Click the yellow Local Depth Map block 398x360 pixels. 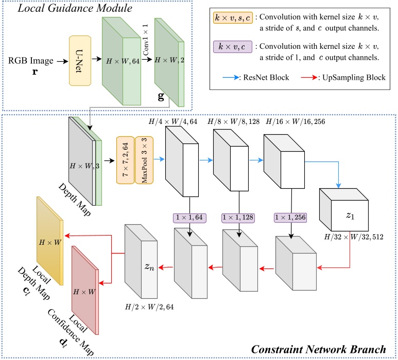point(49,241)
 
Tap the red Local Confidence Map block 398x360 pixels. point(85,291)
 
